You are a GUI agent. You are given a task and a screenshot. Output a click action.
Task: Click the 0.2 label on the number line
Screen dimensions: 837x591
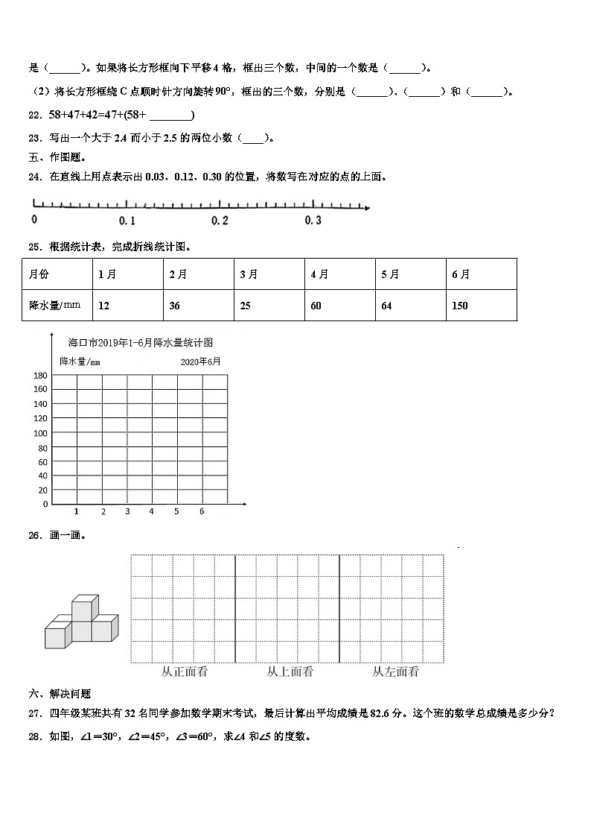[x=220, y=221]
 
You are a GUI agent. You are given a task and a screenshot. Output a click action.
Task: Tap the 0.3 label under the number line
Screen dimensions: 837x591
[x=313, y=221]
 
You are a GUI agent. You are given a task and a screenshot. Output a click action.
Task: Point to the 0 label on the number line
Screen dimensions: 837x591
[x=34, y=220]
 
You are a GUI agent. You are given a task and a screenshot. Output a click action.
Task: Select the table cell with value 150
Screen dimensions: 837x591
[x=481, y=306]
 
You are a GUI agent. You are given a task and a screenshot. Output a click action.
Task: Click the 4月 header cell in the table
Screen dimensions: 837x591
[x=339, y=274]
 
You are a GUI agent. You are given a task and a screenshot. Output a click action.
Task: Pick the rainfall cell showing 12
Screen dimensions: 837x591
[x=127, y=306]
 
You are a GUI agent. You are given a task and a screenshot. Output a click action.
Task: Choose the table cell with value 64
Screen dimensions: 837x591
[x=410, y=306]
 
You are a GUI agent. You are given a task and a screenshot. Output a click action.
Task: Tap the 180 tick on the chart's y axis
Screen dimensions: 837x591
[x=40, y=375]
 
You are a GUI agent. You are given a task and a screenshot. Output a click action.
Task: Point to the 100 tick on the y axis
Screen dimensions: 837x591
[x=40, y=433]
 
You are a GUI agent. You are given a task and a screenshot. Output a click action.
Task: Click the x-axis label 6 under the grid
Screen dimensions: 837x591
[x=201, y=511]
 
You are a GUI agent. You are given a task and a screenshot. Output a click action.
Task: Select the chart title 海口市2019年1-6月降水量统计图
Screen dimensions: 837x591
[x=141, y=343]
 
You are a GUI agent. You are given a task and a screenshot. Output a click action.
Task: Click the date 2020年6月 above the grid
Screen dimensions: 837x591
[x=200, y=361]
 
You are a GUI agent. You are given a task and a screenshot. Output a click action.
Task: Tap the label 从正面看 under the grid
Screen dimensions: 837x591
[x=184, y=672]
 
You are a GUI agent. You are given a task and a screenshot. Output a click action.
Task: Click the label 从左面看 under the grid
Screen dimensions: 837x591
[x=395, y=672]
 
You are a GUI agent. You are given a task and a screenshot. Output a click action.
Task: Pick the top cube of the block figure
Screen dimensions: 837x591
[x=85, y=607]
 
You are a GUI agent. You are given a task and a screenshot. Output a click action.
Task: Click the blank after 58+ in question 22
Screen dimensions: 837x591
[x=170, y=115]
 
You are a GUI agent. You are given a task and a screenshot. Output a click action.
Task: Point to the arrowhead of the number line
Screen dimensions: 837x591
[x=366, y=207]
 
